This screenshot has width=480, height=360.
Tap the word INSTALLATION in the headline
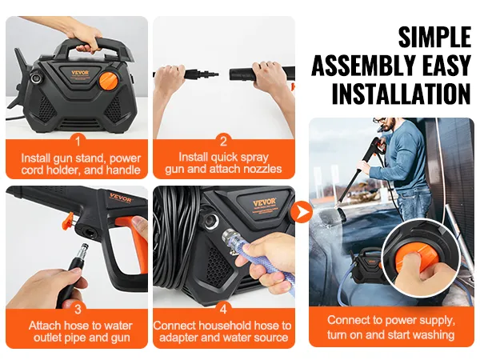400,94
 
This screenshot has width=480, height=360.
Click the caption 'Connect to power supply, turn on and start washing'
391,327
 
